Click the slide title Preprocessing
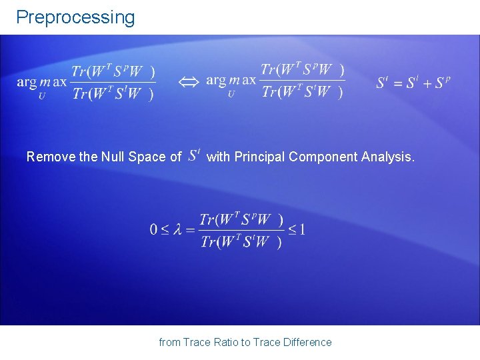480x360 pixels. (75, 17)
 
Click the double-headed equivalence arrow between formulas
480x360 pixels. (189, 81)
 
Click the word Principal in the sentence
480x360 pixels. (258, 157)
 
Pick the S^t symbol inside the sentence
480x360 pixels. (194, 156)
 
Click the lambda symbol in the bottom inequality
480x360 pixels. (177, 230)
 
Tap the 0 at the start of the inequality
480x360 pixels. (153, 230)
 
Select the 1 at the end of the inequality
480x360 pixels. (302, 230)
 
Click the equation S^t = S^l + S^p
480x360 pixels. (413, 83)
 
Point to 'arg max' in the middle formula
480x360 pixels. (231, 81)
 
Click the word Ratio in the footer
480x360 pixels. (226, 342)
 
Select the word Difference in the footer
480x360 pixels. (307, 342)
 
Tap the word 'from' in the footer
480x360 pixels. (169, 342)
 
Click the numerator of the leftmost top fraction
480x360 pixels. (113, 71)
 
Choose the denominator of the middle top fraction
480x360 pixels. (303, 93)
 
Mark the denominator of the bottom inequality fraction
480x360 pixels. (241, 242)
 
